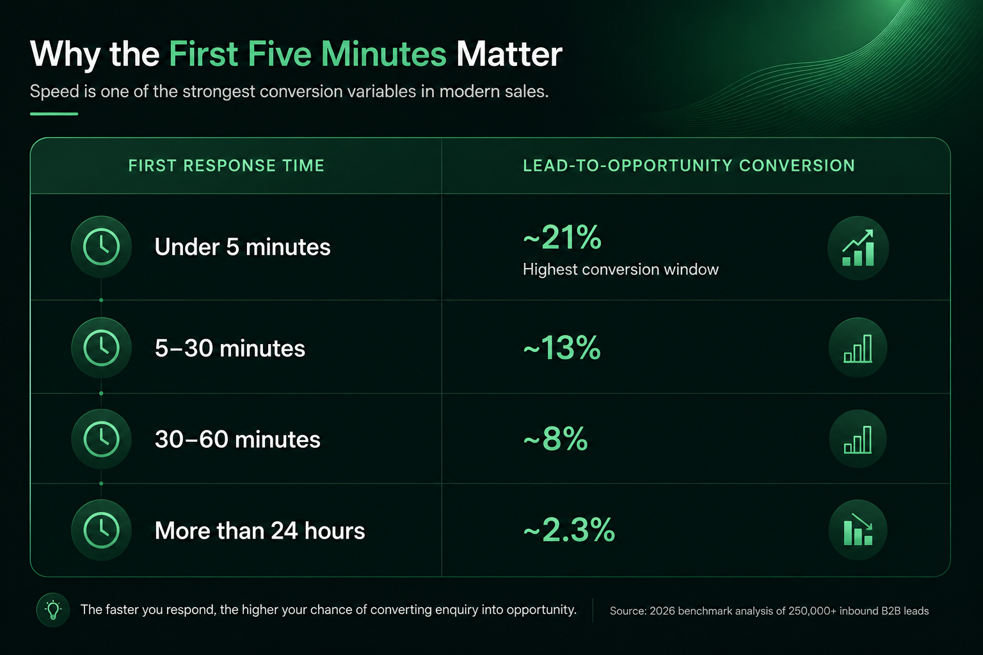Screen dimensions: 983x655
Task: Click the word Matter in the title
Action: (509, 54)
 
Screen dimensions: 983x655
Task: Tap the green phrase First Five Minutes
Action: (308, 54)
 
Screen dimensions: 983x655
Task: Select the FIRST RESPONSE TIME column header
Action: (227, 166)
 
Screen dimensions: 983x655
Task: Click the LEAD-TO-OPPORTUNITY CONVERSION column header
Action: (689, 166)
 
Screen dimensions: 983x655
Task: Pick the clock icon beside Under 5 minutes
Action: (101, 246)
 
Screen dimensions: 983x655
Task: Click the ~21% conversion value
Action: (562, 238)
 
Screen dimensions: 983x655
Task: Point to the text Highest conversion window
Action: (621, 269)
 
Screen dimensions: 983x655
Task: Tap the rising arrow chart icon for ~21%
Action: (858, 248)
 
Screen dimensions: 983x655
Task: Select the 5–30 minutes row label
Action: (230, 349)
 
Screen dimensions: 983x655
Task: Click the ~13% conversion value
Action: (562, 349)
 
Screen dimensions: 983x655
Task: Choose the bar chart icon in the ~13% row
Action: (858, 348)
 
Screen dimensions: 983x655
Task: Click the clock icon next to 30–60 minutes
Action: (101, 439)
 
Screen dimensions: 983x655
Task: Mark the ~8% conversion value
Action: (555, 439)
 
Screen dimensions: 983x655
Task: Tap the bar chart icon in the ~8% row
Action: (858, 439)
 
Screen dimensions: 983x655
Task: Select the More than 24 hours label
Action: (260, 531)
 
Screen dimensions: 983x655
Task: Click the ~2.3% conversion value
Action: (569, 530)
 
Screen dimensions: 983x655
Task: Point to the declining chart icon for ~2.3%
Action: (858, 530)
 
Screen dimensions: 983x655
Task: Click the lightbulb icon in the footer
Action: (53, 610)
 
